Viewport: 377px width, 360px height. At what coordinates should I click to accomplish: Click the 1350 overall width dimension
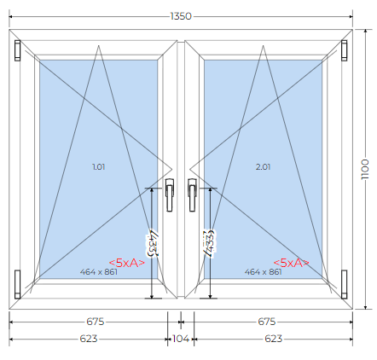181,16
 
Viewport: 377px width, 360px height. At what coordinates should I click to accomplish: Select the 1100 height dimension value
365,169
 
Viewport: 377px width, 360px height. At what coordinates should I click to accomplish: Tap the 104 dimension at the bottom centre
181,339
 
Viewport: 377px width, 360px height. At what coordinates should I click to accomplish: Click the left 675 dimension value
96,322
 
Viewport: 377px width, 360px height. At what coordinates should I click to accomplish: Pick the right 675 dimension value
267,322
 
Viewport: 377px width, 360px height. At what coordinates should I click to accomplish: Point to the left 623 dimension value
89,339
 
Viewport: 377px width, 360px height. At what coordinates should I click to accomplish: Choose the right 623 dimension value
273,339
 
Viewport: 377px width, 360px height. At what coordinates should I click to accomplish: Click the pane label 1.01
99,166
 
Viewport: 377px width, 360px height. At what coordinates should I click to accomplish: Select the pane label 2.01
263,166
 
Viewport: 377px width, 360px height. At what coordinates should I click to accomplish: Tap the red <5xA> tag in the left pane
127,263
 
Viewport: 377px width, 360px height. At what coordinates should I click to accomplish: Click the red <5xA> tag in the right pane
291,263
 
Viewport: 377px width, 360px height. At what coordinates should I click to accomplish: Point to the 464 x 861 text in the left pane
99,272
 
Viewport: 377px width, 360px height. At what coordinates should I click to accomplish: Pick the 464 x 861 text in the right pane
263,272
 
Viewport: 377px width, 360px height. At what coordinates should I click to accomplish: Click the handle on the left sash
170,195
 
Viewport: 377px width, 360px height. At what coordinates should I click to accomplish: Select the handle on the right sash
192,195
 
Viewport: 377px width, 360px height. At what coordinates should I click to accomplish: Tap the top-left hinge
18,50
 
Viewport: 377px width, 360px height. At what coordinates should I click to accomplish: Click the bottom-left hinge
18,284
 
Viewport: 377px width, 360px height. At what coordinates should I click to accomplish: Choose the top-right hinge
344,50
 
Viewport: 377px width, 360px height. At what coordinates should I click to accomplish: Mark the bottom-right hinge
344,284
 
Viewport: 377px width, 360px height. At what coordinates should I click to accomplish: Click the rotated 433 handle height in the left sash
153,243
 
